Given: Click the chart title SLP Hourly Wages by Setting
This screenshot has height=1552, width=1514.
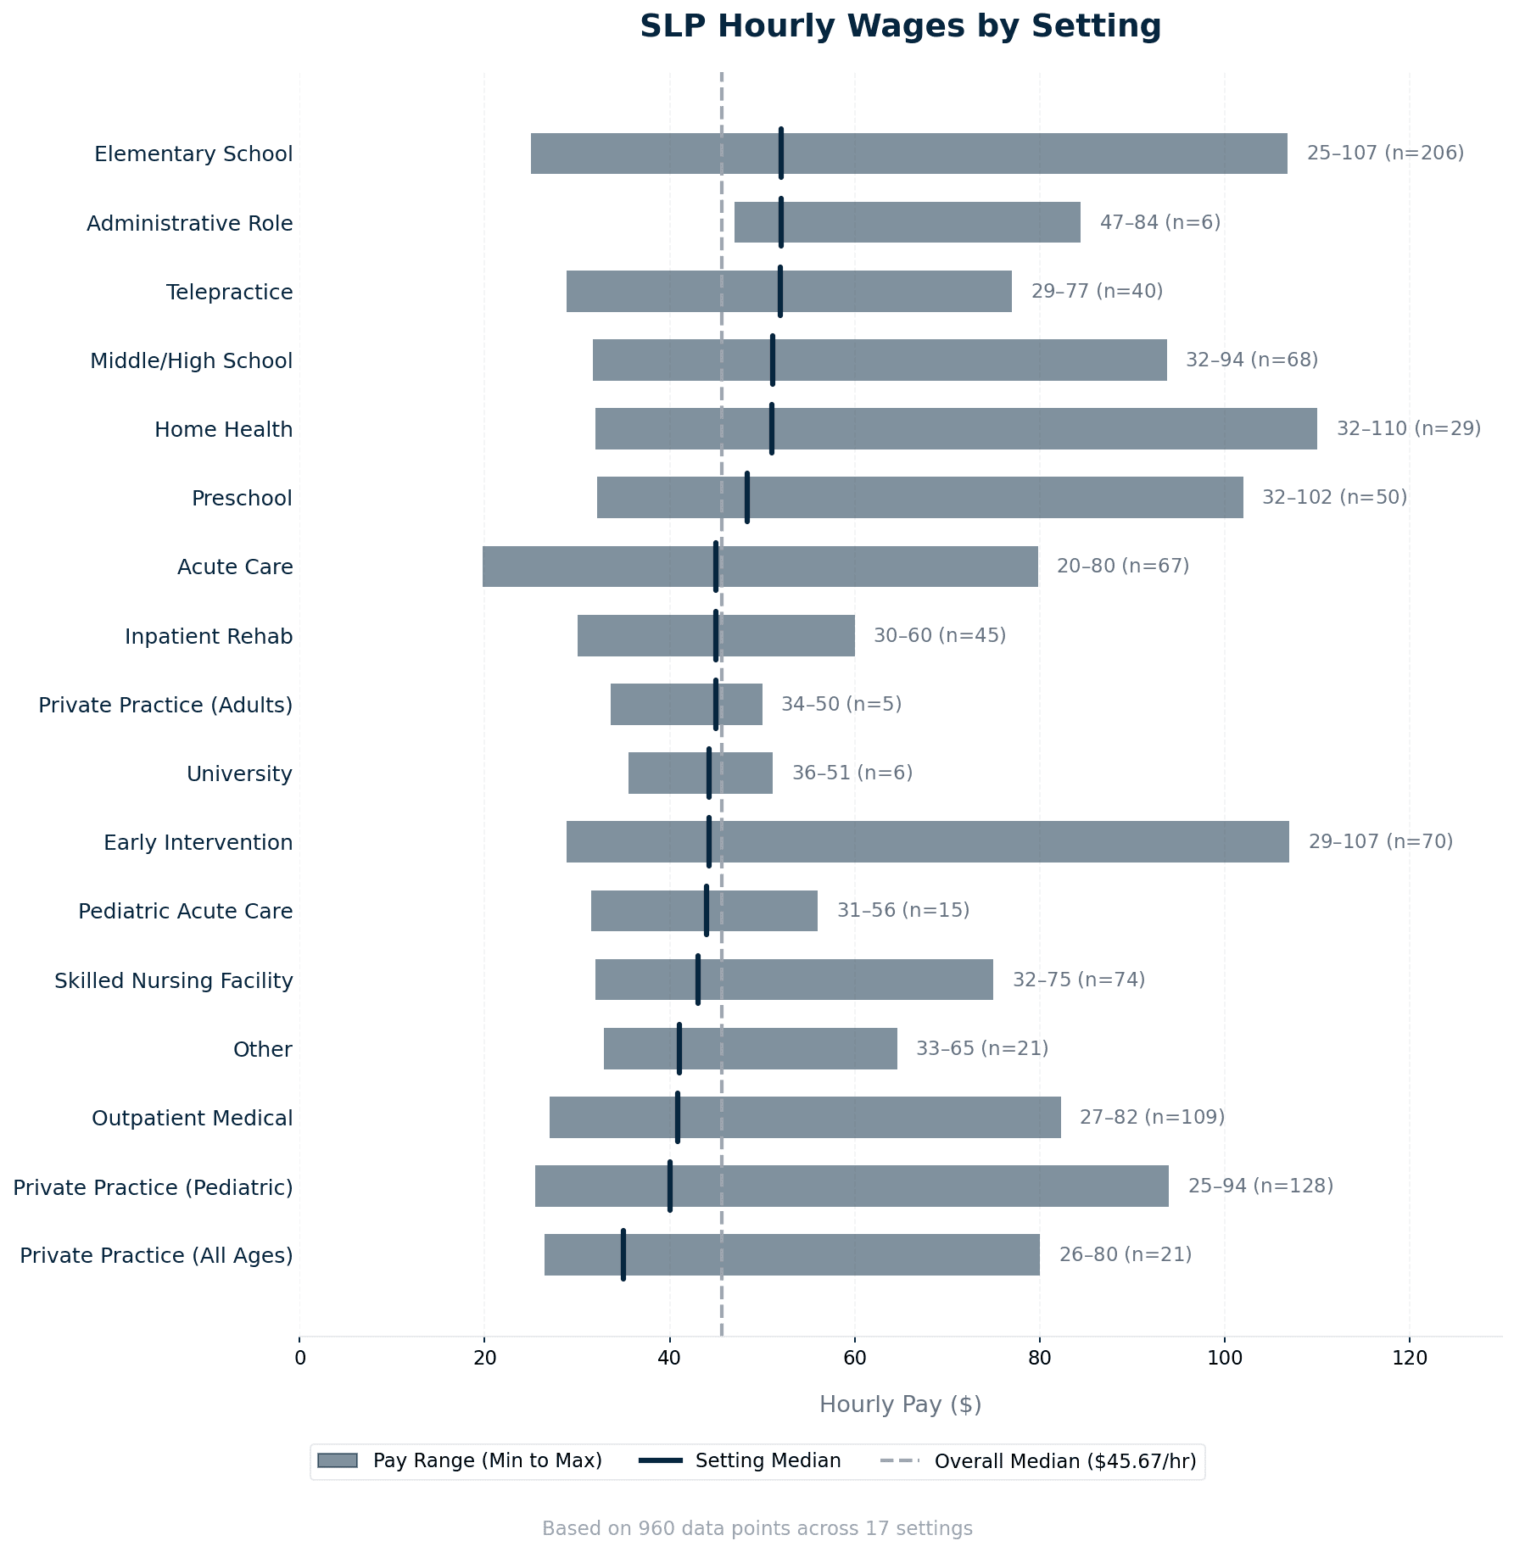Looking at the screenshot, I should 900,27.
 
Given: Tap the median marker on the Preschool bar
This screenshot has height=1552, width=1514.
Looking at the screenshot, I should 746,498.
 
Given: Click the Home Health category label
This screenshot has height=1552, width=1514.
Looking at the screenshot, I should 223,430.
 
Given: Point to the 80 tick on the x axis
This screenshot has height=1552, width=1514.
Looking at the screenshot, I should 1039,1358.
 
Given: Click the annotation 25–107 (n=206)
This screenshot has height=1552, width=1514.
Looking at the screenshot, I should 1385,154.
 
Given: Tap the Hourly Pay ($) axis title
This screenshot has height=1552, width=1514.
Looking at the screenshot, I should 900,1405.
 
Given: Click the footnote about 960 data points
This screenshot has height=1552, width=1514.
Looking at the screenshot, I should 757,1528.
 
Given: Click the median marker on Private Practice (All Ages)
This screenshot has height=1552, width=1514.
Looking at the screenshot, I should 623,1255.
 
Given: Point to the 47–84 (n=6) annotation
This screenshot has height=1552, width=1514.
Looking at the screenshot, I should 1159,223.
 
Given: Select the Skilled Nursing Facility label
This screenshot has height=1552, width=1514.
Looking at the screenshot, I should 174,981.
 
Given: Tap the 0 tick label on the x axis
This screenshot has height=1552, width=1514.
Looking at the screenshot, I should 299,1358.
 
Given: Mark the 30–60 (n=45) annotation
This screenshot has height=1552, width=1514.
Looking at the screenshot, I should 939,636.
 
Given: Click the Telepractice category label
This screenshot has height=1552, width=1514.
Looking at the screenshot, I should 229,293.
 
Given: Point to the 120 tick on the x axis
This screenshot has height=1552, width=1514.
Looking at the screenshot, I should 1410,1358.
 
